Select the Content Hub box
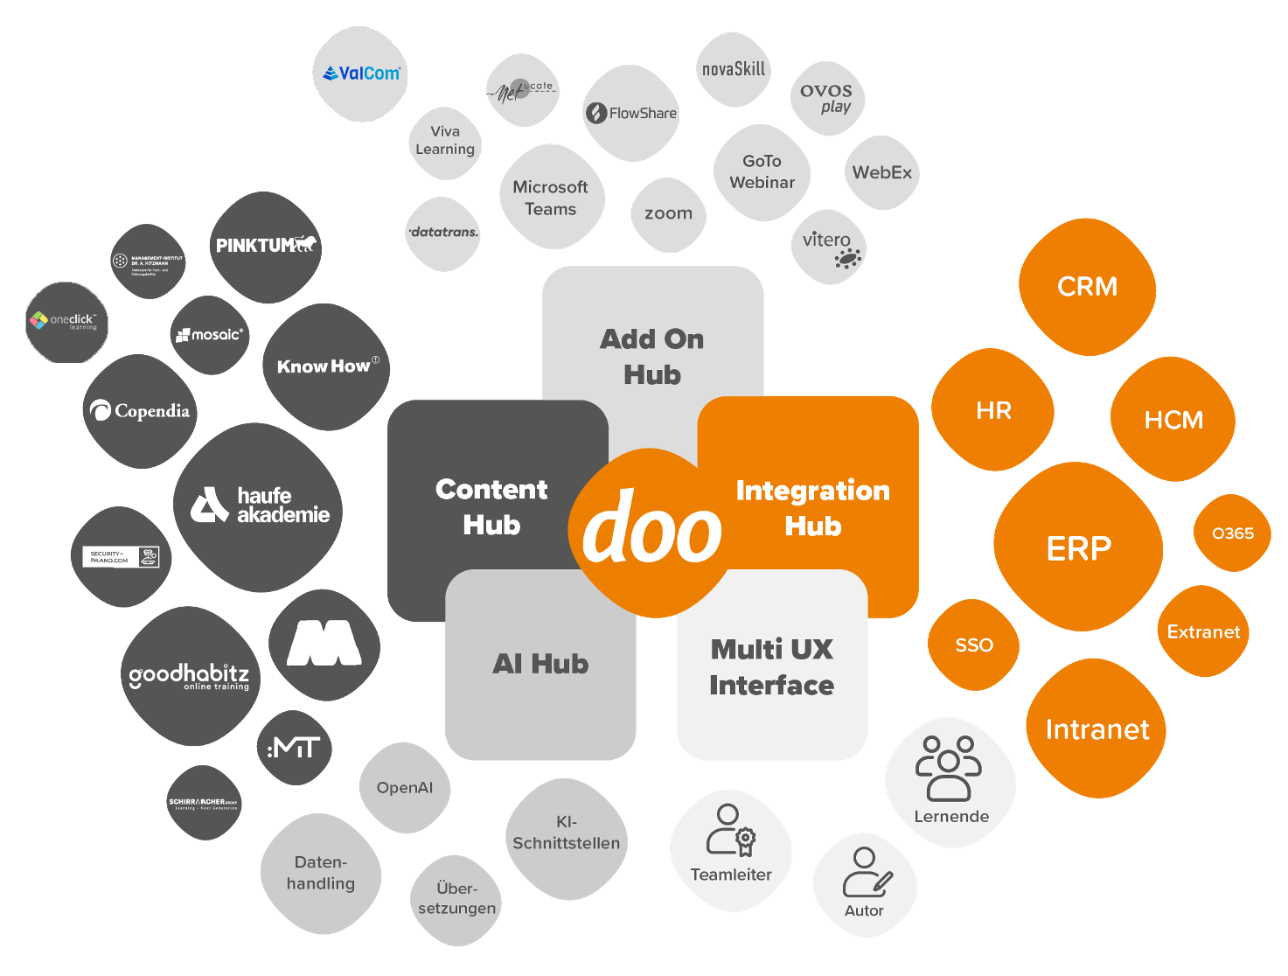pos(491,506)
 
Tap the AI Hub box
pos(540,664)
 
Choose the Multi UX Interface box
pos(771,666)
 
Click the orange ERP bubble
pos(1078,548)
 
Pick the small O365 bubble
pos(1232,533)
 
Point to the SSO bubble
pos(973,645)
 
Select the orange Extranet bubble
pos(1203,631)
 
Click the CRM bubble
pos(1087,287)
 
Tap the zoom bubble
pos(668,214)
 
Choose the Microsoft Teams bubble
pos(551,198)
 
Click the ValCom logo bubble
pos(360,74)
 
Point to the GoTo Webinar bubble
pos(762,172)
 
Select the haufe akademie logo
pos(259,506)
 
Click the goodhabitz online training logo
pos(189,676)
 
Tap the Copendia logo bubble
pos(140,411)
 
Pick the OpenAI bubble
pos(404,788)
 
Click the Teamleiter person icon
pos(730,830)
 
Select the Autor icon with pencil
pos(866,872)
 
